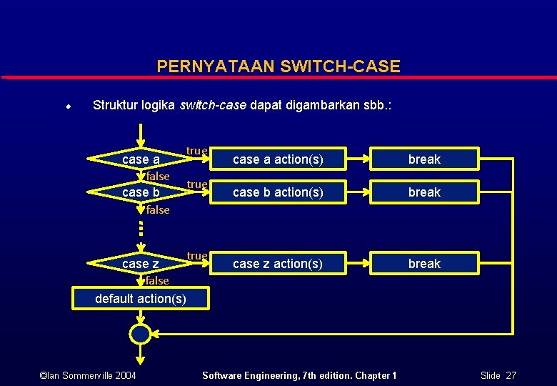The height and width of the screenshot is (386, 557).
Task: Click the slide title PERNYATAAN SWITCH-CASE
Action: [x=278, y=66]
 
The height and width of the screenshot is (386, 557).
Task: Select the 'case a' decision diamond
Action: [x=141, y=159]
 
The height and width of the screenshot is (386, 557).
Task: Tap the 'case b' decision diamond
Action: [x=141, y=192]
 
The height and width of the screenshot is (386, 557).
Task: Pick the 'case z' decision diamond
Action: [x=141, y=264]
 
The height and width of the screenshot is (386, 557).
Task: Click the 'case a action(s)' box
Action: [x=278, y=159]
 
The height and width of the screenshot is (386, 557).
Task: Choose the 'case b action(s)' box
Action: [x=278, y=192]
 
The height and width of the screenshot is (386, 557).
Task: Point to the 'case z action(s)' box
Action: [x=278, y=264]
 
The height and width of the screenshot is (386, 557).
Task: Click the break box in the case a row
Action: [x=424, y=159]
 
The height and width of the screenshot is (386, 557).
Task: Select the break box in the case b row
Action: [x=424, y=192]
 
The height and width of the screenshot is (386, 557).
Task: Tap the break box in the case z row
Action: [x=424, y=264]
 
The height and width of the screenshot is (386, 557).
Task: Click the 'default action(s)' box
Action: [x=141, y=298]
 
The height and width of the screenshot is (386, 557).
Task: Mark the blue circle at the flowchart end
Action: [x=141, y=334]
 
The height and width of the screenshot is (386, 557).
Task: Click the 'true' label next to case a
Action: [x=196, y=151]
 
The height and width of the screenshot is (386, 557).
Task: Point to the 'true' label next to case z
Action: [x=196, y=256]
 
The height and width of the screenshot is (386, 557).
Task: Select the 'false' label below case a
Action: [x=158, y=177]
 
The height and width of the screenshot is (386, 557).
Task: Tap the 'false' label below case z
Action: [x=158, y=281]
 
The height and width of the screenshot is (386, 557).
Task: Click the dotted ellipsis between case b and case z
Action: [x=141, y=228]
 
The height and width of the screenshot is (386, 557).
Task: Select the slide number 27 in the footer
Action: [x=511, y=375]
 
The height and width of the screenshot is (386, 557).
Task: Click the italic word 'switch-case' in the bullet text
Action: [x=213, y=105]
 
